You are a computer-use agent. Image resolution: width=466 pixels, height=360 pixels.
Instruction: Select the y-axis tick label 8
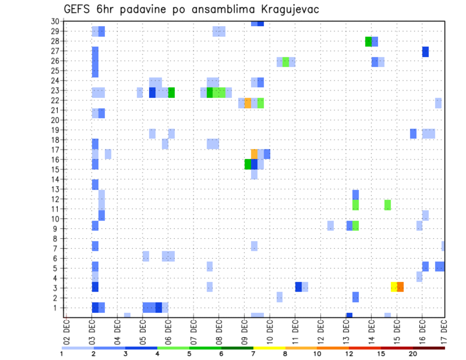pos(57,238)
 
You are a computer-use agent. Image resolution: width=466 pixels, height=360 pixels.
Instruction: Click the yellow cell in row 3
pos(394,287)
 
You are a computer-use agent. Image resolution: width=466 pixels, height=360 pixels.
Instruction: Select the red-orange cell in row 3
pos(400,287)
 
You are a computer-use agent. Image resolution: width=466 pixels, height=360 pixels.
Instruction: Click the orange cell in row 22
pos(248,103)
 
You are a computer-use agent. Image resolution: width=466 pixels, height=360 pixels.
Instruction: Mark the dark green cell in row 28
pos(368,42)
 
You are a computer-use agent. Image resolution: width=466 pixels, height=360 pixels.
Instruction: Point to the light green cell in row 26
pos(285,62)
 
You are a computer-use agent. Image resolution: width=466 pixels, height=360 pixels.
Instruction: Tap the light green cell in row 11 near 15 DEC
pos(387,205)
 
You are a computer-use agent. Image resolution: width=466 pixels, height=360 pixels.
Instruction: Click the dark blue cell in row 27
pos(425,51)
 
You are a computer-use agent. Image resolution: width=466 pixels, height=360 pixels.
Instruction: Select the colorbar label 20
pos(413,354)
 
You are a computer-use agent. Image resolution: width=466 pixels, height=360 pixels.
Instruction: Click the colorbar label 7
pos(253,354)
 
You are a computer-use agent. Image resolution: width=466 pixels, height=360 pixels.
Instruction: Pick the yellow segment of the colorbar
pos(269,348)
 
